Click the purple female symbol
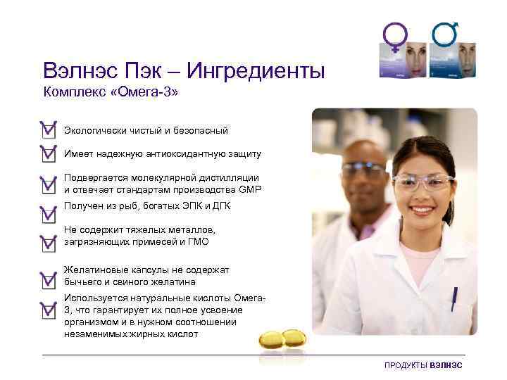395,35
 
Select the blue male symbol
445,33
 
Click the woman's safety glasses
423,182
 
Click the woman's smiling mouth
423,210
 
